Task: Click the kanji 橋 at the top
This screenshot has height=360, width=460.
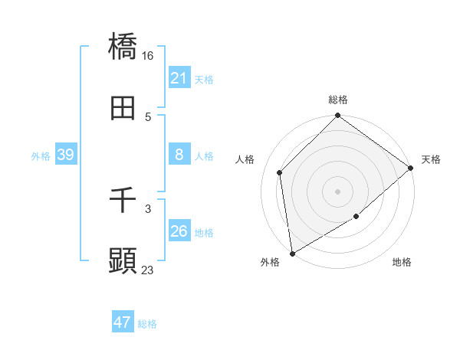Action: pos(123,47)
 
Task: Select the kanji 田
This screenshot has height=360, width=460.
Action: pos(123,109)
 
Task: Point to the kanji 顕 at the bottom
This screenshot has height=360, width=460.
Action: pos(123,261)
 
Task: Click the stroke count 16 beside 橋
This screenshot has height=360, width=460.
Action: pos(149,55)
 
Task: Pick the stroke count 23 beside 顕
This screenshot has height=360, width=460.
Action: pos(148,270)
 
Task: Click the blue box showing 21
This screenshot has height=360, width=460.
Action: pos(179,78)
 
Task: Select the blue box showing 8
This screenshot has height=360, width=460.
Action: pos(179,155)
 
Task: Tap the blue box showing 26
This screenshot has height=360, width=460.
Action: pos(179,231)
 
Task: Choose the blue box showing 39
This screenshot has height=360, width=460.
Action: pos(65,155)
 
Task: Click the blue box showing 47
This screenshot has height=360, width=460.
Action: pos(123,322)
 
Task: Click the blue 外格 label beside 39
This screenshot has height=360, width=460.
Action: pos(41,156)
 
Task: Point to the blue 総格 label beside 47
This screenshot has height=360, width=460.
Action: pos(147,324)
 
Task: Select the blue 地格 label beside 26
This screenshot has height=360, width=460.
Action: pos(204,233)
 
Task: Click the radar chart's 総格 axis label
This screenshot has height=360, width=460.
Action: pos(337,100)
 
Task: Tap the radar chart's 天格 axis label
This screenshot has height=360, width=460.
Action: pos(431,159)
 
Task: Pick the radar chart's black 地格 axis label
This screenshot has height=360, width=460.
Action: pos(402,263)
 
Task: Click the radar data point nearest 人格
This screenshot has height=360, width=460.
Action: pos(280,172)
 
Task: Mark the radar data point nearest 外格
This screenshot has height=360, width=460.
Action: pos(292,253)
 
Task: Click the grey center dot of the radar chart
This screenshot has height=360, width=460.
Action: pos(337,191)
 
